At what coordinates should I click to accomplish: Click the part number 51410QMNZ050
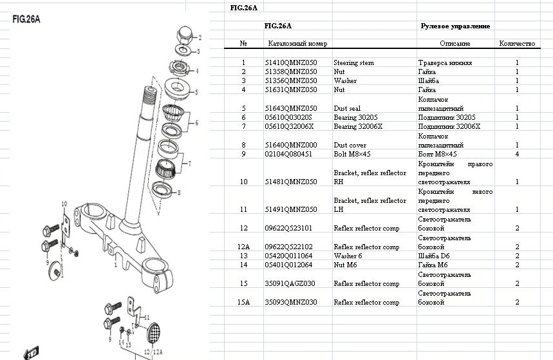click(291, 63)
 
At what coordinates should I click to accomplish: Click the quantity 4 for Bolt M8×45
click(517, 155)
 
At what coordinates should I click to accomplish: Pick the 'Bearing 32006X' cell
click(358, 127)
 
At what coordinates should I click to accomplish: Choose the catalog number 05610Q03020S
click(288, 118)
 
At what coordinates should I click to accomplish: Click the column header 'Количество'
click(517, 44)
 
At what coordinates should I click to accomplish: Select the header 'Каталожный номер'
click(297, 44)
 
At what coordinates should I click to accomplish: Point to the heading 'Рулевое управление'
click(455, 26)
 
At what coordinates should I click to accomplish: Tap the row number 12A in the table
click(243, 247)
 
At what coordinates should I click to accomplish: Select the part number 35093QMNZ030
click(291, 303)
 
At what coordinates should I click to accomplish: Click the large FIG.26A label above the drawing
click(26, 19)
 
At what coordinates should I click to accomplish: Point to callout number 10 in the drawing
click(64, 204)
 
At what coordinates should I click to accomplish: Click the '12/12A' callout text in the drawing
click(155, 353)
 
